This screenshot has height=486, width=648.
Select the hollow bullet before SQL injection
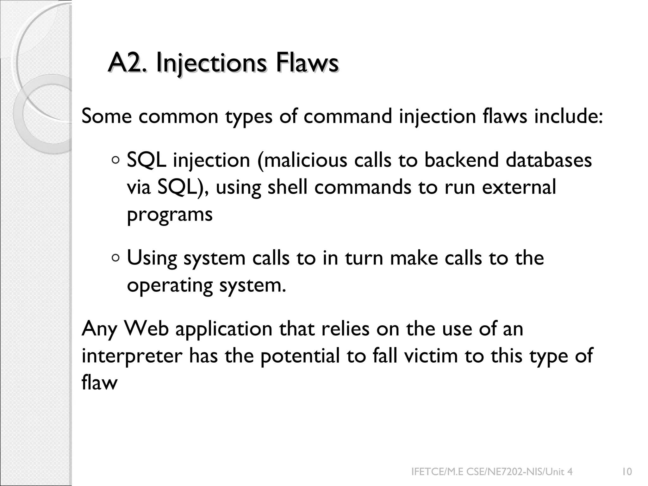(x=116, y=160)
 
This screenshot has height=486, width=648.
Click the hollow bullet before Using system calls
(x=116, y=258)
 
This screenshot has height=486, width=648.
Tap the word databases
(x=549, y=160)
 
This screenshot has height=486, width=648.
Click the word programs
(x=170, y=215)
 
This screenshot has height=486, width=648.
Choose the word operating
(x=170, y=285)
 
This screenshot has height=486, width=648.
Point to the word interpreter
(x=132, y=356)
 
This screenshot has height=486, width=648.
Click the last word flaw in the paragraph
(x=99, y=383)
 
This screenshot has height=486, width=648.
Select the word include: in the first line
(x=568, y=116)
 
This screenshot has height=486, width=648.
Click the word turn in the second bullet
(x=364, y=258)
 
